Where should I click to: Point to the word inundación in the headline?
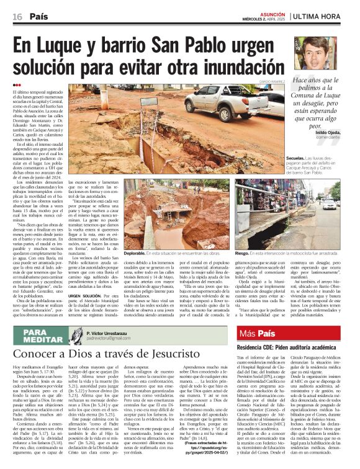[241, 66]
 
